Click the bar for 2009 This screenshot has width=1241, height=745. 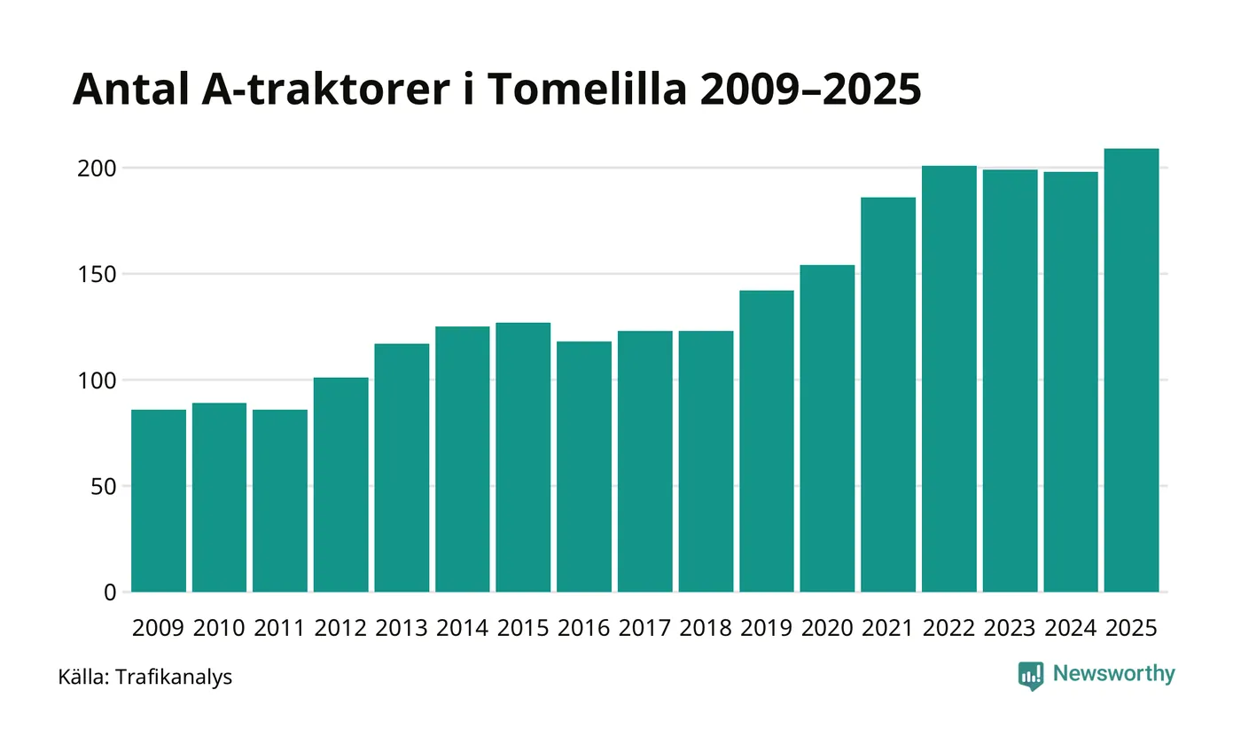click(x=159, y=501)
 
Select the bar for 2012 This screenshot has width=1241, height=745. click(x=341, y=485)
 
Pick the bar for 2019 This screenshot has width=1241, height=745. click(x=767, y=441)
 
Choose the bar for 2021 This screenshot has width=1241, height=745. click(x=888, y=395)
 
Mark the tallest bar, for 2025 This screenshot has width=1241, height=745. click(x=1131, y=371)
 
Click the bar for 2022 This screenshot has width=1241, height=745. click(x=949, y=379)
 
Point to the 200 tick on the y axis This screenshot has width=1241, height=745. click(x=98, y=168)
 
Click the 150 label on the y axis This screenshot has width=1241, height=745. click(x=98, y=274)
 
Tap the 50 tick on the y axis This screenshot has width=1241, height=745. click(x=105, y=487)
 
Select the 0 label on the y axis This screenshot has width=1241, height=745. click(x=110, y=592)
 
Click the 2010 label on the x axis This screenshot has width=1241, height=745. click(x=219, y=628)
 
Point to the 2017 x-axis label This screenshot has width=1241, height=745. click(x=644, y=628)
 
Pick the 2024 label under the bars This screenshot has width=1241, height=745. click(x=1071, y=628)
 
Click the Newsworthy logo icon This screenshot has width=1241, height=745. click(x=1031, y=676)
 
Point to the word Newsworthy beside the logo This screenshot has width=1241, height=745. click(x=1113, y=674)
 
